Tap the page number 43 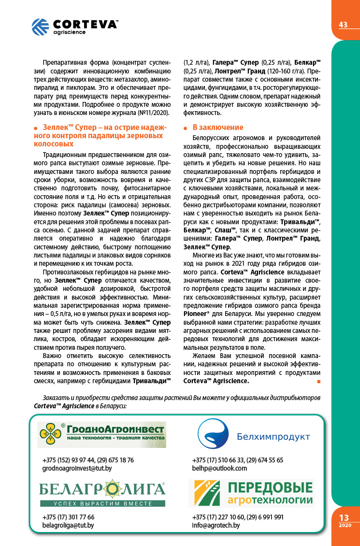[x=344, y=25]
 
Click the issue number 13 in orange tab [x=344, y=517]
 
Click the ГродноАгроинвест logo [x=101, y=434]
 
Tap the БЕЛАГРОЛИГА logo [x=102, y=492]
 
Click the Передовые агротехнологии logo [x=251, y=493]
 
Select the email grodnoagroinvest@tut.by [x=77, y=468]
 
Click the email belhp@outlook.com [x=219, y=468]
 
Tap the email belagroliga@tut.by [x=68, y=525]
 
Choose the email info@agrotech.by [x=216, y=525]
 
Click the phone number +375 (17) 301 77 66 [x=69, y=517]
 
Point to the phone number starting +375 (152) [x=88, y=460]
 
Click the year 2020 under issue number [x=345, y=525]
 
